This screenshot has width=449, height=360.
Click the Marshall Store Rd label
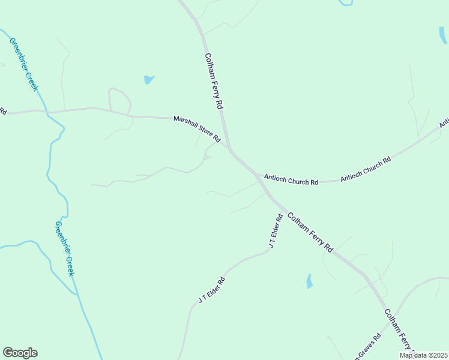pos(197,129)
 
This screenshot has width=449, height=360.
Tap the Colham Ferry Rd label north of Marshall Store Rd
pos(214,81)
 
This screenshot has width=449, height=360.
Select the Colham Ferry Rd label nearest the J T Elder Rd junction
pos(310,232)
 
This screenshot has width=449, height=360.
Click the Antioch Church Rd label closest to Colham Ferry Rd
pos(291,179)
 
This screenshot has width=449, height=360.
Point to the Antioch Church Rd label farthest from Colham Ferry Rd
pos(366,169)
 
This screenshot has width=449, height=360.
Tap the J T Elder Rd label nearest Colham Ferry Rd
pos(276,231)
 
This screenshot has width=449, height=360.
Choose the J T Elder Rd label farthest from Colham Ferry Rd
pos(212,290)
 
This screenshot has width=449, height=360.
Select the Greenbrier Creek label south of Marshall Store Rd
pos(65,248)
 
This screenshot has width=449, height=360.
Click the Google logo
pos(20,353)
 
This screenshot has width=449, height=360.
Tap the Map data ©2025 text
pos(423,355)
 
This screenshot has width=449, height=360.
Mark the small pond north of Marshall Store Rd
pos(149,79)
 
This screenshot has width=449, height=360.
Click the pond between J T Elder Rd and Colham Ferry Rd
pos(309,281)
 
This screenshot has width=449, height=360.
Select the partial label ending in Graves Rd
pos(366,349)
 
